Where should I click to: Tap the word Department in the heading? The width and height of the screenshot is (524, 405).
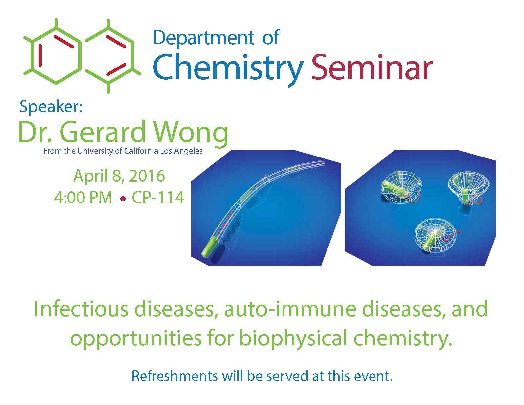tap(203, 38)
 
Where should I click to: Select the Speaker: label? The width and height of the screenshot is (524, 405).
tap(51, 107)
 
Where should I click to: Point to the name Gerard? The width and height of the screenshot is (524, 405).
tap(103, 131)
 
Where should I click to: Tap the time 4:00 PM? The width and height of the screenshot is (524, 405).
tap(83, 197)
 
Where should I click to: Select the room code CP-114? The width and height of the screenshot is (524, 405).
tap(158, 197)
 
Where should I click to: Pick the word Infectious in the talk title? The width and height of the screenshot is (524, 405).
tap(81, 309)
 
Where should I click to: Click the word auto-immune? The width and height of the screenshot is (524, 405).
tap(290, 309)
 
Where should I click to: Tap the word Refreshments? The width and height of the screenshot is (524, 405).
tap(175, 376)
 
